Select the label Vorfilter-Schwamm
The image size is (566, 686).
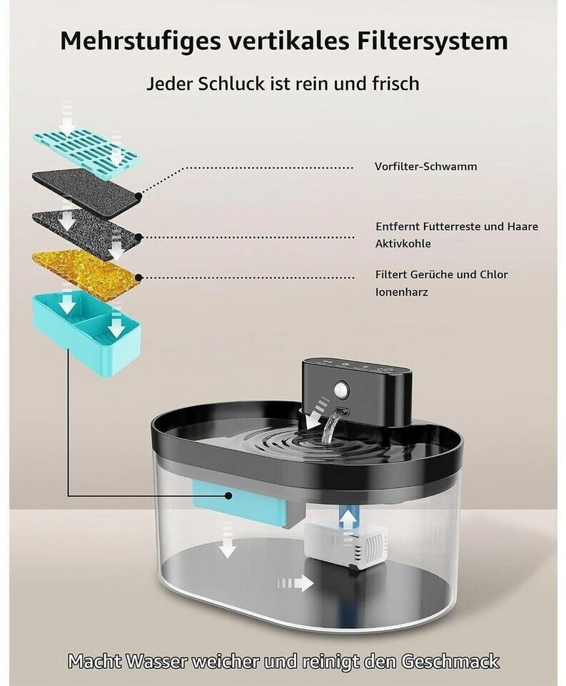coord(425,166)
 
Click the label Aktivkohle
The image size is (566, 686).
coord(403,244)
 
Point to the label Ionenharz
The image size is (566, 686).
coord(402,292)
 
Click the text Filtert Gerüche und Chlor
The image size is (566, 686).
coord(441,274)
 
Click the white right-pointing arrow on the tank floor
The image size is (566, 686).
coord(296,583)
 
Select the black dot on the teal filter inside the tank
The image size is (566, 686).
coord(228,495)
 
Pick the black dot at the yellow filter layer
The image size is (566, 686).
coord(138,277)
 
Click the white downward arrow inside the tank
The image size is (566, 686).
coord(226,542)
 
